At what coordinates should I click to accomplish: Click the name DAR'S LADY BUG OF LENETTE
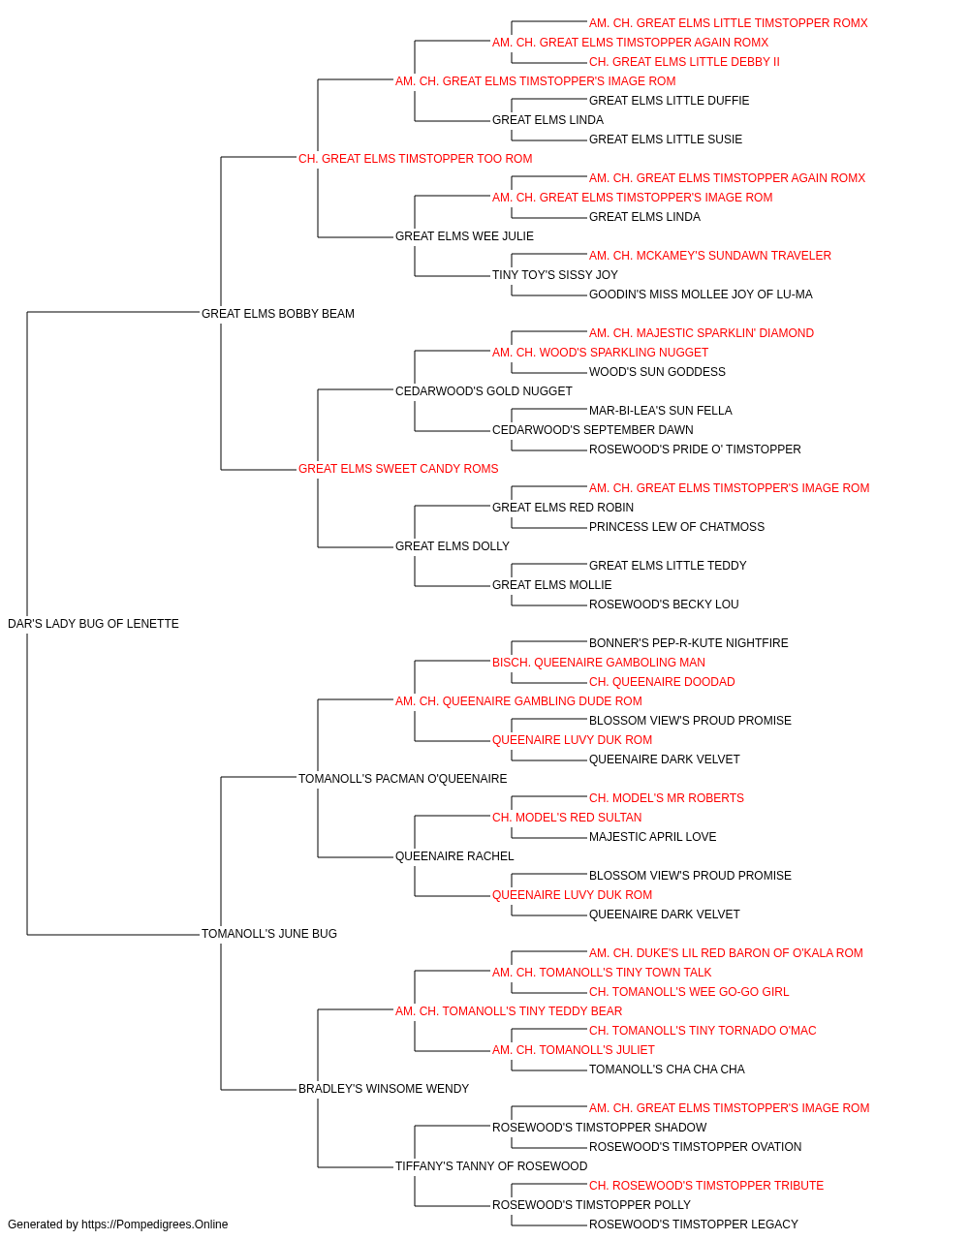pos(93,624)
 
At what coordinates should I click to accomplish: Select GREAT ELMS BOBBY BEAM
pos(278,314)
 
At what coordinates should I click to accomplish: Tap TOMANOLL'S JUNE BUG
pos(269,934)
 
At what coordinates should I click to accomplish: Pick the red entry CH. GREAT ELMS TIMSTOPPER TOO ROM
pos(416,159)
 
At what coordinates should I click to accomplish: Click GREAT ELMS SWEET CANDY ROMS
pos(398,469)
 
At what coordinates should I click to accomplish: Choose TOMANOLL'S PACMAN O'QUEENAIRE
pos(403,779)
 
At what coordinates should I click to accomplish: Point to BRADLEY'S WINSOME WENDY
pos(384,1089)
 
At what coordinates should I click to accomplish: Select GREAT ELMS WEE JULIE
pos(464,236)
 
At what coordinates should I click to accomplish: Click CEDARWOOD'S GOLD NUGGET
pos(484,391)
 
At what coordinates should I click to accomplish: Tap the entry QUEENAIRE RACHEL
pos(454,856)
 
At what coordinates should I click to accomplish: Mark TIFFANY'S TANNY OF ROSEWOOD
pos(491,1166)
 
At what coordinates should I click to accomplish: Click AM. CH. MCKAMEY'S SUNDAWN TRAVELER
pos(710,256)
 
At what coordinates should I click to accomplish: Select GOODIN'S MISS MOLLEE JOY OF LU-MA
pos(701,294)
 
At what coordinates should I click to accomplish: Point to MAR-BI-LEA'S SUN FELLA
pos(661,411)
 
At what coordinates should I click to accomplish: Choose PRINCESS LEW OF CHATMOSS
pos(676,527)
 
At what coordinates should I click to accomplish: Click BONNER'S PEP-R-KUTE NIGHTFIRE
pos(689,643)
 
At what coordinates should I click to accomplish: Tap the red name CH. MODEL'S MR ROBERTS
pos(667,798)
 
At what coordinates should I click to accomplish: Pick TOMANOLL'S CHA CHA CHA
pos(667,1069)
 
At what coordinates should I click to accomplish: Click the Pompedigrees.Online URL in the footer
pos(155,1224)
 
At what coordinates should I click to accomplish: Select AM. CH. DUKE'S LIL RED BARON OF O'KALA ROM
pos(726,953)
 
